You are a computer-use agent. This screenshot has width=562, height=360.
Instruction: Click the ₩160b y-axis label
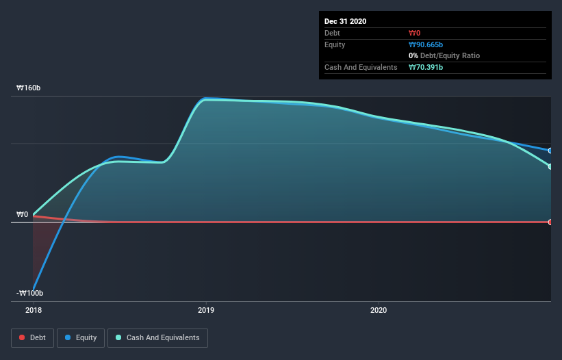28,88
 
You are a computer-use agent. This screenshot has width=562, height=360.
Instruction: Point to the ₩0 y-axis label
23,214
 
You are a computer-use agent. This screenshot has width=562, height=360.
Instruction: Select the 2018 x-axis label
33,310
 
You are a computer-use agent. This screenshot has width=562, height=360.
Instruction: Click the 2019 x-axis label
205,310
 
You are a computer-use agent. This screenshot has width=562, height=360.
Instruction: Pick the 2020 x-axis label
379,310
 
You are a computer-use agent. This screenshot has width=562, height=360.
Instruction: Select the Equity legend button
81,337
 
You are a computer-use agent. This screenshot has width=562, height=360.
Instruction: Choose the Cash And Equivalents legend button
157,337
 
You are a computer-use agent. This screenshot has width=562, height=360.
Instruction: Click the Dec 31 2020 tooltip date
346,21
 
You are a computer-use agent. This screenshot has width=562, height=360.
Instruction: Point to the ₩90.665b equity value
426,44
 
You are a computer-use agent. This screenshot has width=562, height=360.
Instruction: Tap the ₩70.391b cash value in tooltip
426,67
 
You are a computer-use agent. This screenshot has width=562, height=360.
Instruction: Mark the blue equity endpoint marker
550,151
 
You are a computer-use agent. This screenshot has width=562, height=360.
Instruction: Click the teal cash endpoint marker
550,166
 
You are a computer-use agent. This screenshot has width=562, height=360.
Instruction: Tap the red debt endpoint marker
550,222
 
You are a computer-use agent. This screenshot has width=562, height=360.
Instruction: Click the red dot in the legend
23,337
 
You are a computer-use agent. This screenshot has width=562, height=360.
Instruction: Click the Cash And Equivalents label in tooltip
361,67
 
